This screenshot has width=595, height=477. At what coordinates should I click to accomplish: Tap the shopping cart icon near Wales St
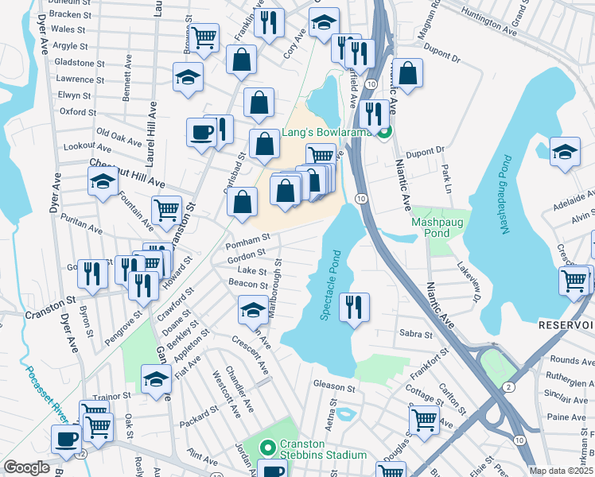pos(204,37)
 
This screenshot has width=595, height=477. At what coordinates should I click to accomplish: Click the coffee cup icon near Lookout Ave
pos(202,131)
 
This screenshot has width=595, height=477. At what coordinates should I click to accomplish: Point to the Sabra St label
pos(416,335)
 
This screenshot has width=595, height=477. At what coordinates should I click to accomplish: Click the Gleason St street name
pos(333,386)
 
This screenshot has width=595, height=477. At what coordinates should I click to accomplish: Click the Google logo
pos(26,467)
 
